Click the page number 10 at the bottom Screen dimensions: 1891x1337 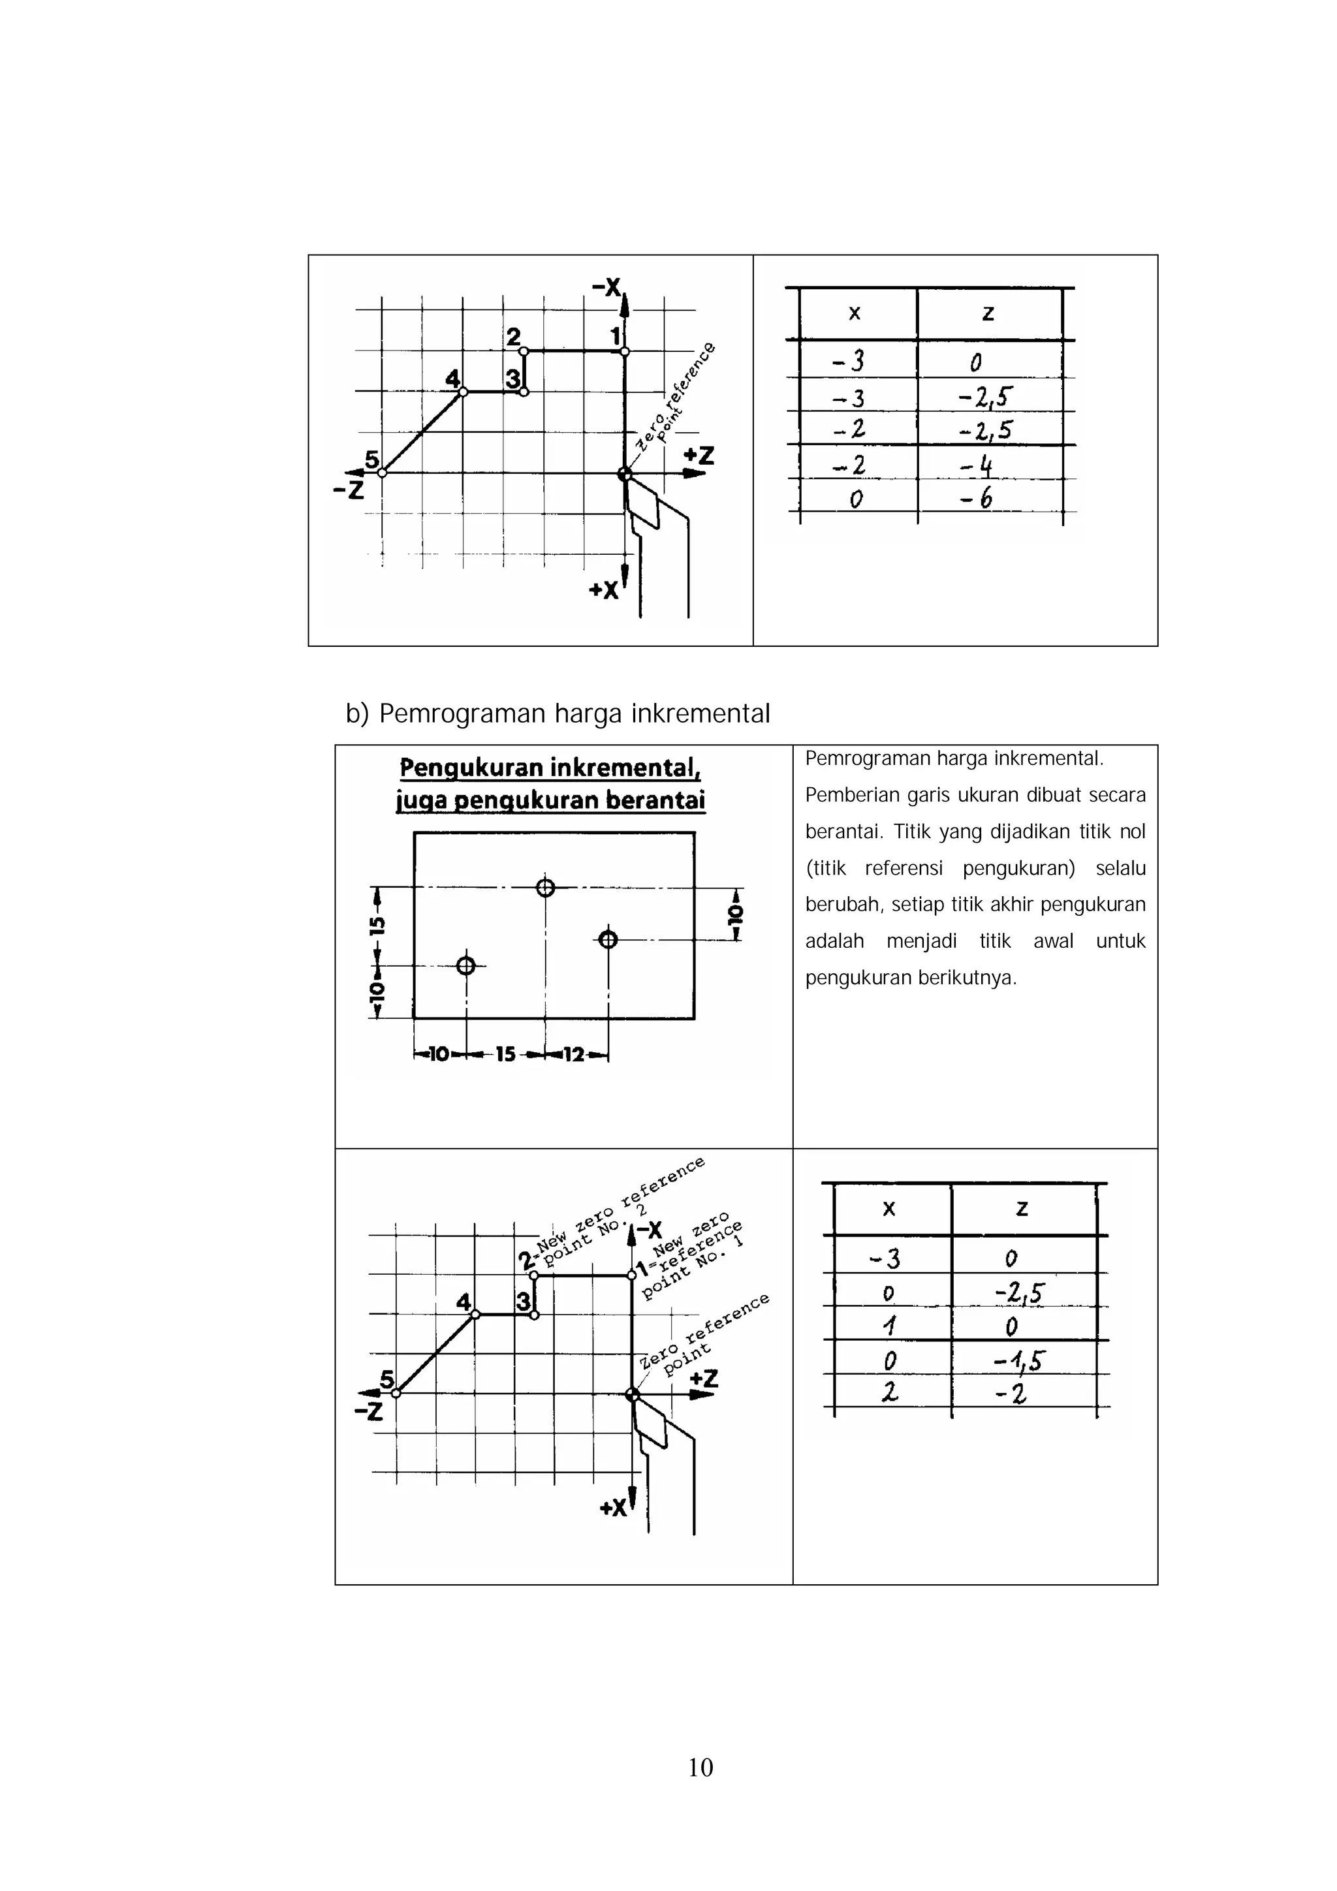[x=700, y=1766]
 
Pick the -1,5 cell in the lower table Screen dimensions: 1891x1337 [x=1019, y=1360]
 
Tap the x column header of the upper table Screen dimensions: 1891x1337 [x=855, y=313]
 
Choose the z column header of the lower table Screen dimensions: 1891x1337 [x=1022, y=1208]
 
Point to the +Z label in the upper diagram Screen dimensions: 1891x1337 [x=699, y=456]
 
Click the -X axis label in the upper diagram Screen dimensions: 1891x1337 [x=606, y=287]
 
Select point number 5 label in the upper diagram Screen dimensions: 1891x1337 [x=371, y=460]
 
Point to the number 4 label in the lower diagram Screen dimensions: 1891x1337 [x=464, y=1302]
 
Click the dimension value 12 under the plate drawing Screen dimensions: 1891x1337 [x=573, y=1054]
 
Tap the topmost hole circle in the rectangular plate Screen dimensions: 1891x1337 [x=545, y=887]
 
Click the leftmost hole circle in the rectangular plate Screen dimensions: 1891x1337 [x=465, y=965]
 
